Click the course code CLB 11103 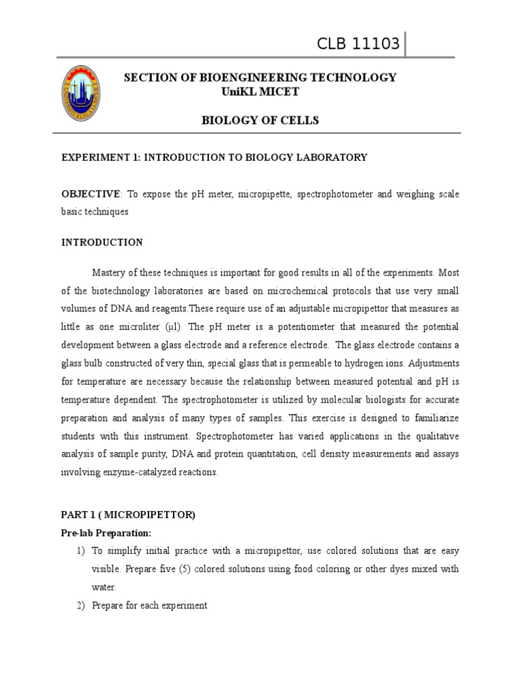click(359, 45)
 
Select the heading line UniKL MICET click(260, 92)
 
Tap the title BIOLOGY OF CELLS click(260, 121)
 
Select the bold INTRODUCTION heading click(102, 242)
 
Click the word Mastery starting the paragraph click(111, 272)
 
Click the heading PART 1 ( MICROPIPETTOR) click(128, 515)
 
